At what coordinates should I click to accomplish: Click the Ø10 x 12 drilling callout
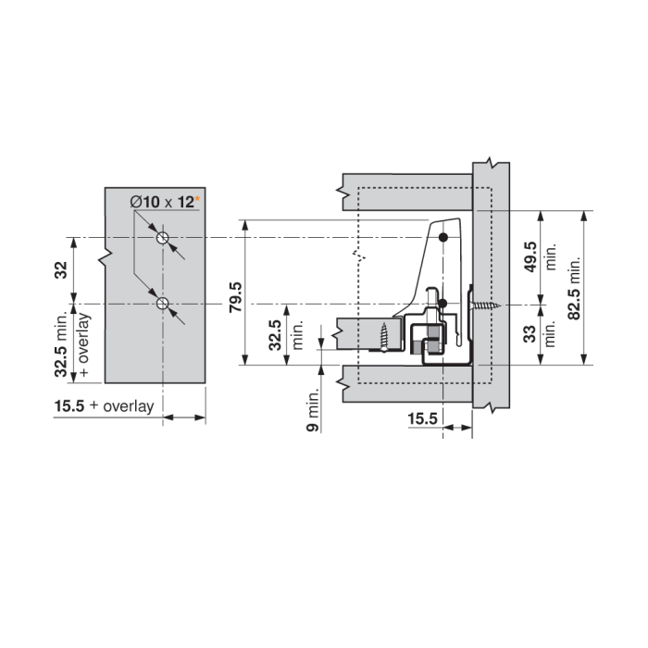pyautogui.click(x=162, y=202)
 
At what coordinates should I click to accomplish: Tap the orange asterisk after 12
pyautogui.click(x=197, y=199)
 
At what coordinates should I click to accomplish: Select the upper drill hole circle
pyautogui.click(x=162, y=238)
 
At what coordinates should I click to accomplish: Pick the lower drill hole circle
pyautogui.click(x=162, y=304)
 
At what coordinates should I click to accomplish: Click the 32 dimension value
pyautogui.click(x=61, y=270)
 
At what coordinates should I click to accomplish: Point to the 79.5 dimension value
pyautogui.click(x=236, y=297)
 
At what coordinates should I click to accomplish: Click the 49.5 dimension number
pyautogui.click(x=530, y=257)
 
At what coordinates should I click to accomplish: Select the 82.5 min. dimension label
pyautogui.click(x=574, y=288)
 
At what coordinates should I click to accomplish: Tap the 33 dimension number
pyautogui.click(x=530, y=334)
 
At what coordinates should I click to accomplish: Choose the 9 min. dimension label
pyautogui.click(x=313, y=410)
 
